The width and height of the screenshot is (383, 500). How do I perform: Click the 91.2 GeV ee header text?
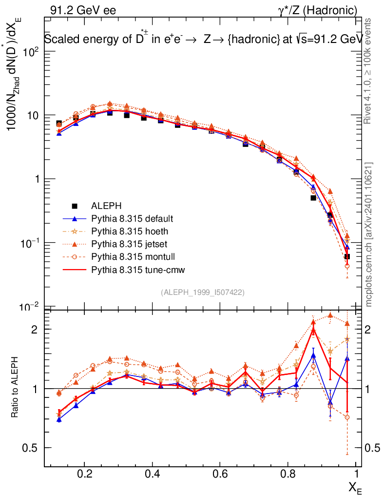82,10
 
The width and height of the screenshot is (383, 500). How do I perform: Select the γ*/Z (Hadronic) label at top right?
318,10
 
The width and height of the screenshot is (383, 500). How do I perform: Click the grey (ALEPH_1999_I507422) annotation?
202,292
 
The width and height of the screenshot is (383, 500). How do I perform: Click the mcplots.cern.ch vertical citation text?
369,234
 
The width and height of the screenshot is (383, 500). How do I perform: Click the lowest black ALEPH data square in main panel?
347,256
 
